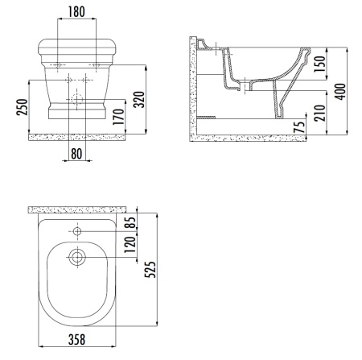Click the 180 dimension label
point(76,12)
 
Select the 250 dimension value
point(22,107)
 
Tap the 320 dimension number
point(139,100)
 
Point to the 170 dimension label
point(118,117)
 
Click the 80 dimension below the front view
point(76,154)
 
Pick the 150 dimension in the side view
point(319,64)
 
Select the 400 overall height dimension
point(340,92)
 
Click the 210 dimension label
point(319,113)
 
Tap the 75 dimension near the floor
point(299,127)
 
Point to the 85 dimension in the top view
point(131,222)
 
